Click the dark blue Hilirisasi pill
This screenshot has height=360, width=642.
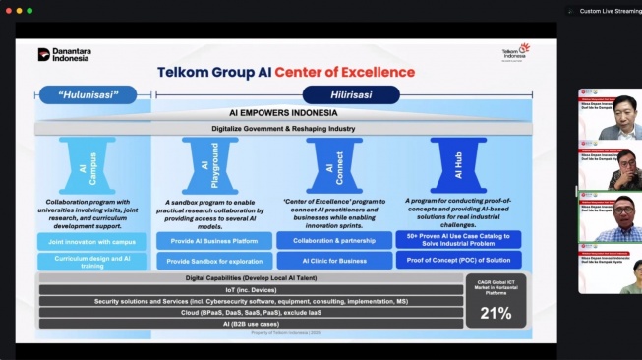tap(351, 94)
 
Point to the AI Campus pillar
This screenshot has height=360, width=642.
tap(94, 163)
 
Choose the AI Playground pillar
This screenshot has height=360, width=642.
tap(211, 163)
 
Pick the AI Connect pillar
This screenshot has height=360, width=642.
tap(334, 163)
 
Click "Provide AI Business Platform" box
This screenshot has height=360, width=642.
tap(212, 240)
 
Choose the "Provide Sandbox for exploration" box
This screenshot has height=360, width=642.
tap(212, 261)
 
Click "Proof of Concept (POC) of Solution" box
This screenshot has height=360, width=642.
tap(457, 261)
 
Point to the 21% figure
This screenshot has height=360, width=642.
tap(496, 313)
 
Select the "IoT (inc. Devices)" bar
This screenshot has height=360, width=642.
tap(251, 290)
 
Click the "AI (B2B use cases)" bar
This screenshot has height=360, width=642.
tap(251, 323)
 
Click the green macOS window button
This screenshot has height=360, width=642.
tap(29, 11)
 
